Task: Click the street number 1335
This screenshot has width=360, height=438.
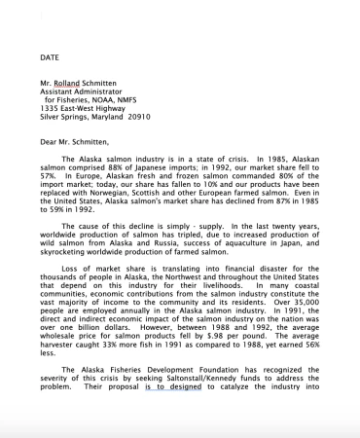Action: coord(52,117)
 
